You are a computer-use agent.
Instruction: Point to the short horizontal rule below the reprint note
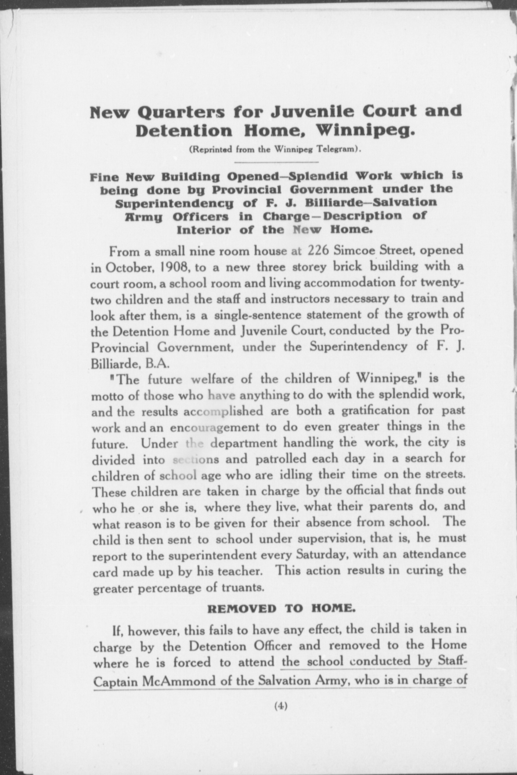(x=276, y=162)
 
